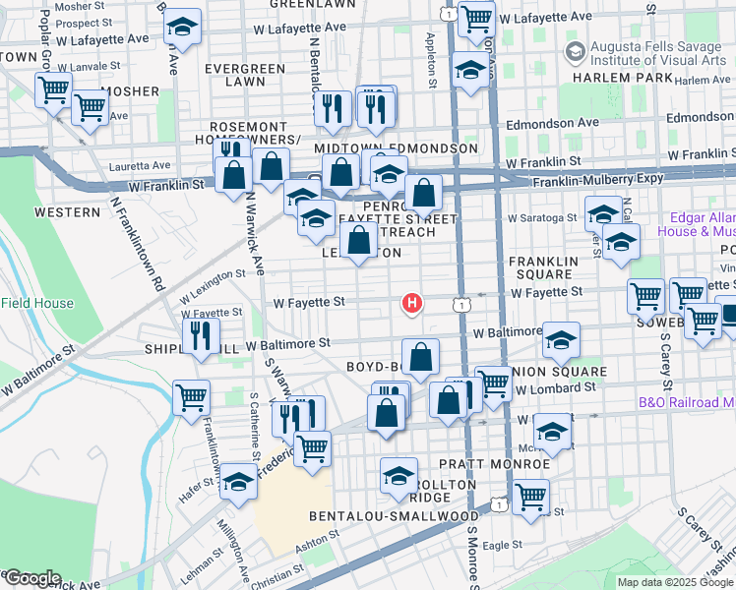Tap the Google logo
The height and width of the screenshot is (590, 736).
32,578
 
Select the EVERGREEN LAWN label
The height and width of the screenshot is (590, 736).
245,77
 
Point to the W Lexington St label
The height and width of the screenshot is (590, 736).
213,282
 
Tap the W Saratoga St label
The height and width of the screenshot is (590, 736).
541,217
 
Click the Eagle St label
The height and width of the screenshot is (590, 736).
501,544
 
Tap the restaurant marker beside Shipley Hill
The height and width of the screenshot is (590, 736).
200,335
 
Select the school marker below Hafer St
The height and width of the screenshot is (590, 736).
237,481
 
